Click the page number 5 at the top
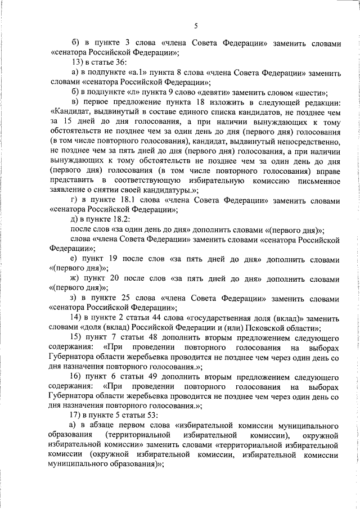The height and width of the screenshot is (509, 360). pos(196,25)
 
